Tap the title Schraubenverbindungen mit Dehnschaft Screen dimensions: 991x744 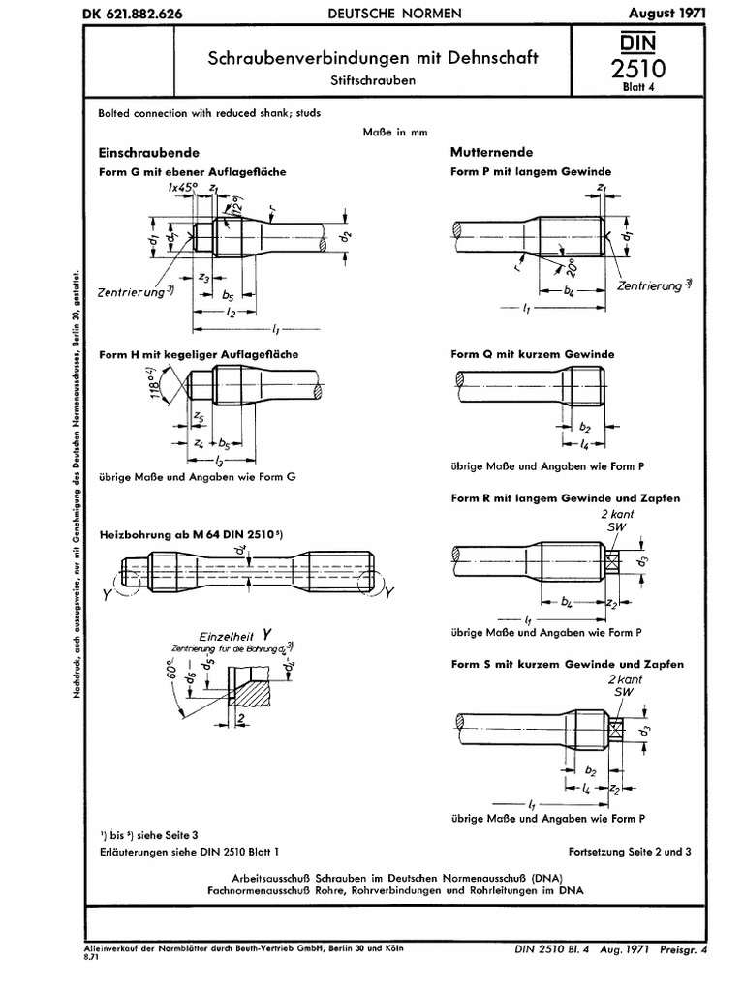click(x=373, y=58)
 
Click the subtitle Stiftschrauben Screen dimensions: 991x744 click(x=373, y=80)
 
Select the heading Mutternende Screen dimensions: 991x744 click(x=491, y=153)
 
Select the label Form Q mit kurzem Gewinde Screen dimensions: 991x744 click(x=532, y=355)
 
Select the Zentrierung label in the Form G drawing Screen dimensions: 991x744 click(x=133, y=290)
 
